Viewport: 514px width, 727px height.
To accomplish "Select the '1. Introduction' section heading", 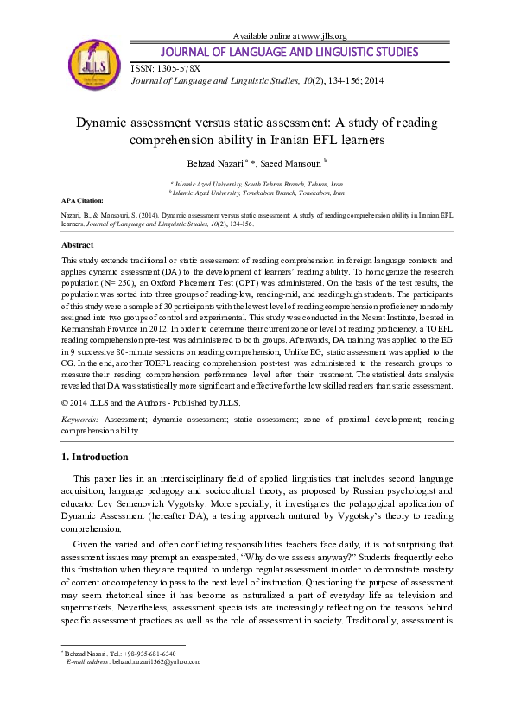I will pyautogui.click(x=95, y=457).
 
